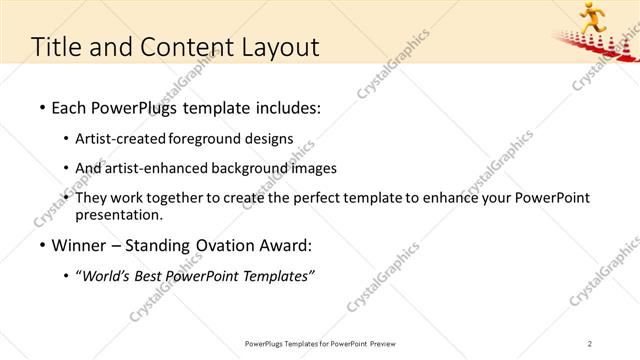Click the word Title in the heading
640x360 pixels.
point(57,47)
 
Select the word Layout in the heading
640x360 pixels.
point(281,47)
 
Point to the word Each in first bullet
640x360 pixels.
point(71,106)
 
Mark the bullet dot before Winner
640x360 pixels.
point(41,245)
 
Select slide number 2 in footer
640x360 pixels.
point(590,344)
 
